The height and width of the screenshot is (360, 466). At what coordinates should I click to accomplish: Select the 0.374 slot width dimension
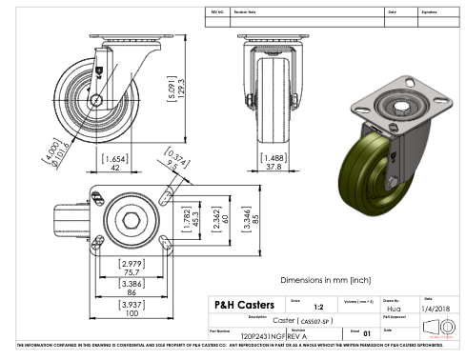click(172, 160)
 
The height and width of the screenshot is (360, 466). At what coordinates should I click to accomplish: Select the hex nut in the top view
click(130, 219)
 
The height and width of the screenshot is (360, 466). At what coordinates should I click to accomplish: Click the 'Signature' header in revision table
click(432, 12)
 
